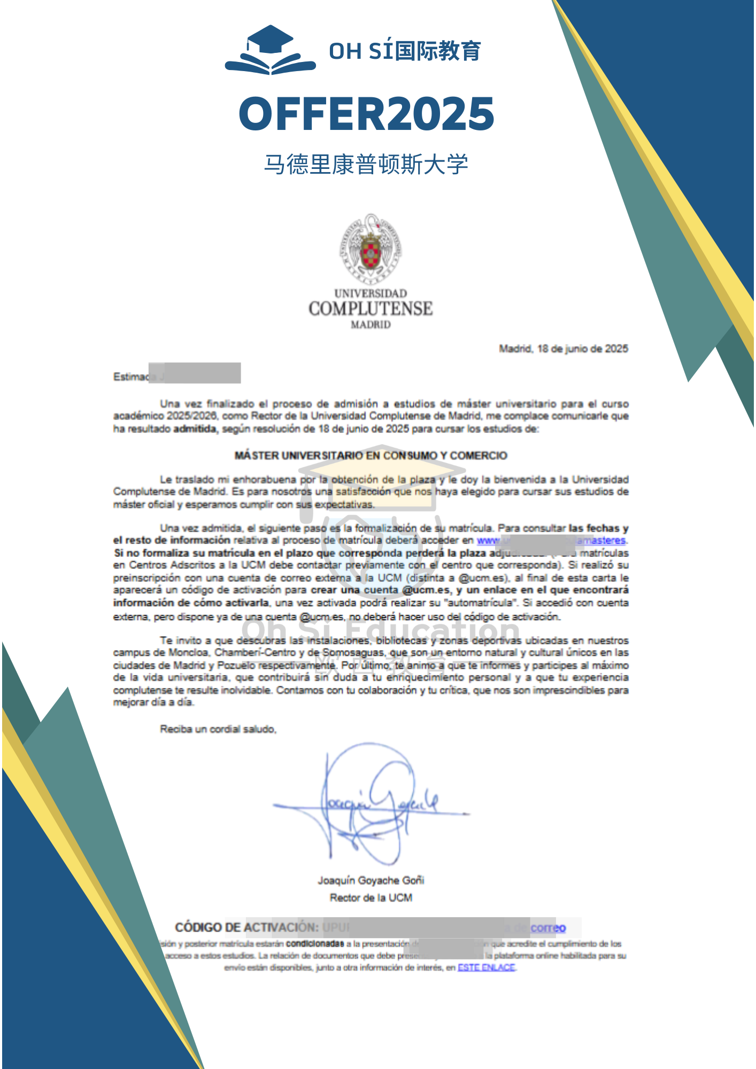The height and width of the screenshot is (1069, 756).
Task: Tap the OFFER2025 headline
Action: coord(367,113)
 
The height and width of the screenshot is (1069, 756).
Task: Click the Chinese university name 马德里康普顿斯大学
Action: coord(366,164)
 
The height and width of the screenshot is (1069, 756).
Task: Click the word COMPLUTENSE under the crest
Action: coord(371,309)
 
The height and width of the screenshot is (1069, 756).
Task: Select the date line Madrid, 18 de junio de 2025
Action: coord(564,349)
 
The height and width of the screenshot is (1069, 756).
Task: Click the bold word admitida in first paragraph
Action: coord(195,429)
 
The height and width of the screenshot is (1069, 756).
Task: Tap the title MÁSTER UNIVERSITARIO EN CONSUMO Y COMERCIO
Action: coord(371,455)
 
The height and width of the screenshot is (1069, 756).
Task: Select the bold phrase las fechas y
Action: coord(598,528)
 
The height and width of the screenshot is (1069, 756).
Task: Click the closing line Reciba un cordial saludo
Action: coord(218,729)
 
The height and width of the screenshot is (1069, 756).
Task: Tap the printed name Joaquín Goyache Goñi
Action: coord(371,880)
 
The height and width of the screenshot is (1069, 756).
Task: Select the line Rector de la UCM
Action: coord(371,898)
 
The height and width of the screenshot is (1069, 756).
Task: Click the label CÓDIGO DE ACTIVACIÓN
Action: coord(246,927)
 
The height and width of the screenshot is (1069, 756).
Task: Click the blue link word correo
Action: coord(548,928)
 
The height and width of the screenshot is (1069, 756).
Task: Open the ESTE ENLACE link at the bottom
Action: coord(486,967)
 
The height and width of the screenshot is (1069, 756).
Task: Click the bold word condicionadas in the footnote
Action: coord(315,944)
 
